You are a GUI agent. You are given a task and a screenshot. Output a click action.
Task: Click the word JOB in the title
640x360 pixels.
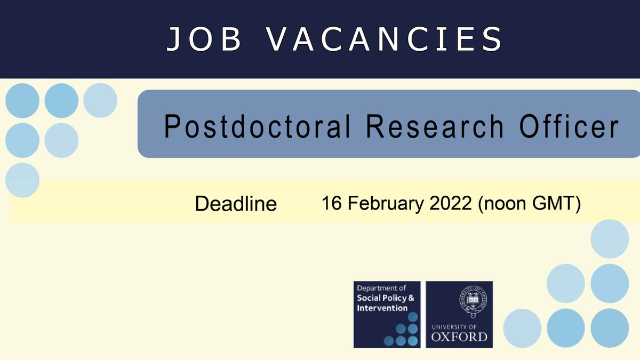(204, 39)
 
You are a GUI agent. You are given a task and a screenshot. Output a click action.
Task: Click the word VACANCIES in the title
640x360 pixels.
(385, 39)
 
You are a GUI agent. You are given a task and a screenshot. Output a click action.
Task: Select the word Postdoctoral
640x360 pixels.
(257, 127)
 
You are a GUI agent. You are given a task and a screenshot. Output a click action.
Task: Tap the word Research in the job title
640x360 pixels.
(435, 127)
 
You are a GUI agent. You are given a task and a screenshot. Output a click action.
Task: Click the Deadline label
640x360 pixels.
(236, 204)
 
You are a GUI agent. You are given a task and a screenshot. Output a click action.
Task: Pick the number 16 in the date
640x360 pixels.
(331, 203)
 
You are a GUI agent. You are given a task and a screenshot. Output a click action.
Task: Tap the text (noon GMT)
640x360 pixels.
(529, 203)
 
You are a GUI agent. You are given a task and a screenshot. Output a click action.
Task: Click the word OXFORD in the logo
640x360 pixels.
(459, 337)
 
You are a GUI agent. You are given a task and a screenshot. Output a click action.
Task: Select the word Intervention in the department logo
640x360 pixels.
(382, 308)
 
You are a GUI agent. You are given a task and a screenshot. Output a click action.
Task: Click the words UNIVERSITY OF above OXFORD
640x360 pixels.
(459, 326)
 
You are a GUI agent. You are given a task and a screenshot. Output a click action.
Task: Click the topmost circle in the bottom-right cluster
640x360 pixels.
(610, 239)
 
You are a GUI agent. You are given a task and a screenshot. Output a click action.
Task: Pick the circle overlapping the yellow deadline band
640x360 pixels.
(22, 180)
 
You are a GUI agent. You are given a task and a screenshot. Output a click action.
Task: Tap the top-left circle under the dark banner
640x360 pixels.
(22, 101)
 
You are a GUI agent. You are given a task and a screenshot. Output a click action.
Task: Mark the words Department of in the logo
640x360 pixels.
(381, 288)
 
